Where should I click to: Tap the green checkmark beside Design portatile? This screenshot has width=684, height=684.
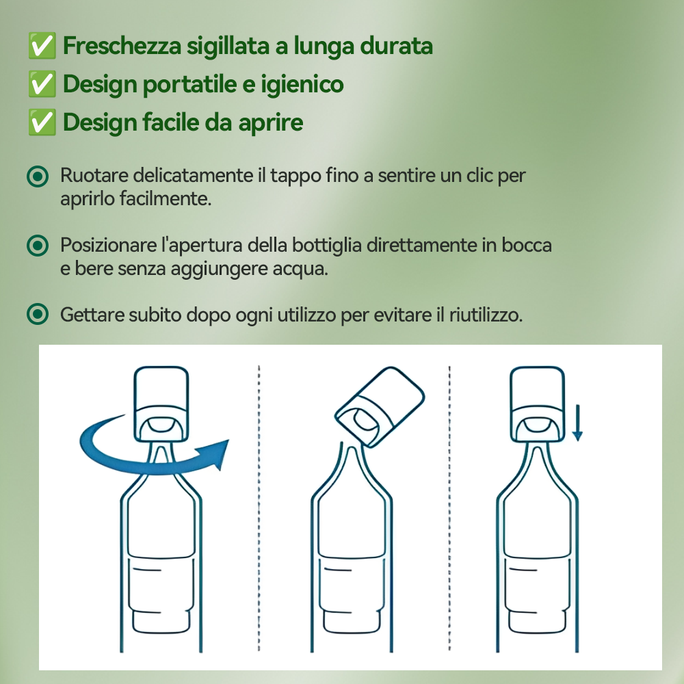(42, 85)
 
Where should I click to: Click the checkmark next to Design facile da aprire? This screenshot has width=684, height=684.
(42, 123)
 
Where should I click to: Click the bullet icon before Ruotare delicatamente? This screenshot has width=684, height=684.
(38, 176)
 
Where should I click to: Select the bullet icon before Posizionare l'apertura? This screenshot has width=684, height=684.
(38, 245)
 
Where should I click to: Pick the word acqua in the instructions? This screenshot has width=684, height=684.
(303, 268)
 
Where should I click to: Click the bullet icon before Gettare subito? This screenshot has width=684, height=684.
(38, 315)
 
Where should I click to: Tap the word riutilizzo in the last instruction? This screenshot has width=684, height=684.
(485, 315)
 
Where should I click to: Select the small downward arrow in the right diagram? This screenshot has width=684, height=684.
(577, 424)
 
